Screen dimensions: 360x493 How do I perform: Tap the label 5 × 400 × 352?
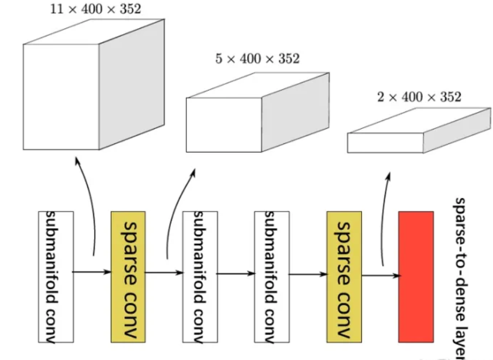(257, 59)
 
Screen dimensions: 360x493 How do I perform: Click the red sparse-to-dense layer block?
(416, 276)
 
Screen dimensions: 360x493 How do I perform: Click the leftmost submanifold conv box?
(55, 276)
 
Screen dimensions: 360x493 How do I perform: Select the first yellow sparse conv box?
(128, 276)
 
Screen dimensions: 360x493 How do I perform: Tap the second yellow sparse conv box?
(344, 276)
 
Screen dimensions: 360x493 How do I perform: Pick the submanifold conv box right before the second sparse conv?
(271, 276)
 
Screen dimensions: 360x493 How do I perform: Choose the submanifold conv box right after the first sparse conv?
(200, 276)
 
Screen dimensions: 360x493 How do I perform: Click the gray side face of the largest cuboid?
(131, 87)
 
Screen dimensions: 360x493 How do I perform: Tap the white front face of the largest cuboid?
(61, 97)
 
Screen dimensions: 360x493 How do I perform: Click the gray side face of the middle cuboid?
(296, 113)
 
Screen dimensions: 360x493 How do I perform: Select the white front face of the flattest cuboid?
(385, 143)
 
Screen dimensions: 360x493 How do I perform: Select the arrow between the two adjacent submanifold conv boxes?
(236, 274)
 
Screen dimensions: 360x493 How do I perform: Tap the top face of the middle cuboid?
(258, 85)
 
